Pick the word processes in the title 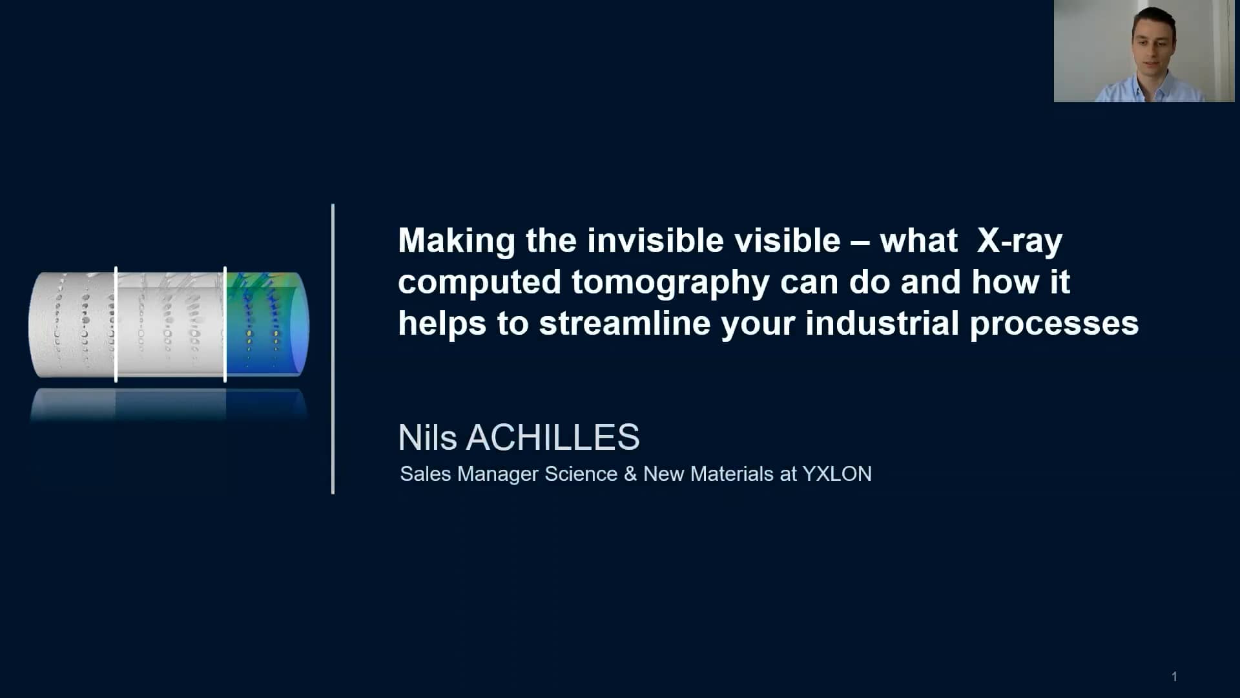coord(1054,325)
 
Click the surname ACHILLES coord(553,438)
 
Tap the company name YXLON coord(837,474)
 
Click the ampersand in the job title coord(630,474)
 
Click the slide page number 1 coord(1174,677)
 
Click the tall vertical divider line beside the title coord(333,349)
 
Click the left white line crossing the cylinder coord(116,324)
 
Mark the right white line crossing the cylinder coord(225,324)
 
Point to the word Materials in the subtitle coord(732,474)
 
